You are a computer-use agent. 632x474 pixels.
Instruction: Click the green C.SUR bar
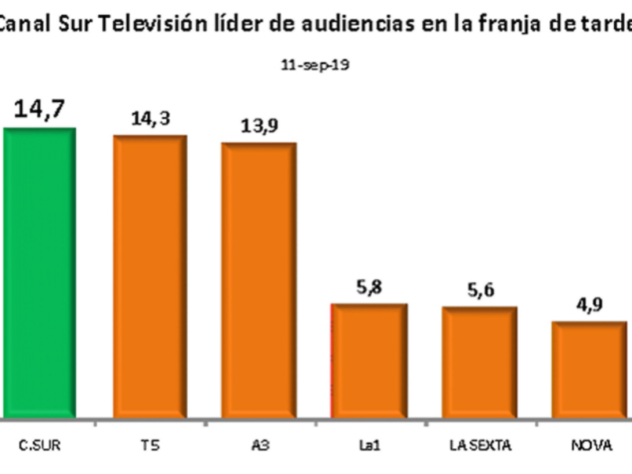[x=39, y=273]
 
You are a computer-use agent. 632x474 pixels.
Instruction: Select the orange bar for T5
[x=150, y=276]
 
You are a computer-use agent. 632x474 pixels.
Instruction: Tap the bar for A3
[x=259, y=280]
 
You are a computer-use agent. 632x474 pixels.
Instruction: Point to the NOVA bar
[x=589, y=370]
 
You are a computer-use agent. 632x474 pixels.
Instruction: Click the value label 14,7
[x=39, y=109]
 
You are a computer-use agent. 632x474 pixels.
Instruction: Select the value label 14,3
[x=150, y=119]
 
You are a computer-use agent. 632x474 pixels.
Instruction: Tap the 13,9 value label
[x=259, y=127]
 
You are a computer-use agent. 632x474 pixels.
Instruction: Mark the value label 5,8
[x=369, y=289]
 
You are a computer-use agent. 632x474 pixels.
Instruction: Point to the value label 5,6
[x=480, y=292]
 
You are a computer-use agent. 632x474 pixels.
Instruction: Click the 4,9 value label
[x=589, y=307]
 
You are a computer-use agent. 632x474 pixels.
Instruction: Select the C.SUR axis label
[x=39, y=446]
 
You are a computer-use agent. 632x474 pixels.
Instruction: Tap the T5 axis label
[x=150, y=446]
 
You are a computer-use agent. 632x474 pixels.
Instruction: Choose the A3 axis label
[x=259, y=446]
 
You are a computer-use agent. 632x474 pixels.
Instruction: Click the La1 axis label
[x=369, y=446]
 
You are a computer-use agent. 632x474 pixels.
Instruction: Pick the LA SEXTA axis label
[x=480, y=446]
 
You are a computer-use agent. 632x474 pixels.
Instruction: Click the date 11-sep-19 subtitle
[x=315, y=66]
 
